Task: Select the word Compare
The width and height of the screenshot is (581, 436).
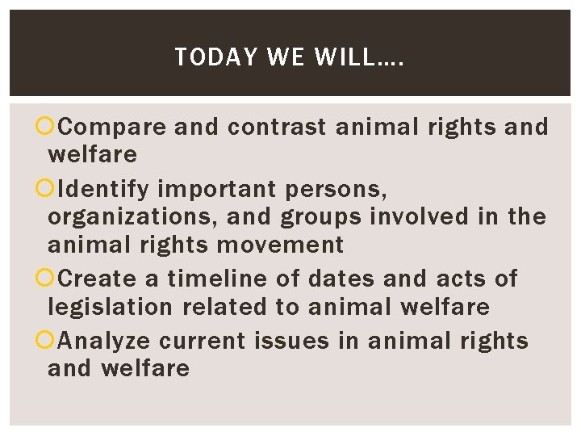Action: click(x=113, y=127)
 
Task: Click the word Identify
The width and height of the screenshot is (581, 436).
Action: click(x=104, y=189)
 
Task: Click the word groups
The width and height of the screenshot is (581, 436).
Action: click(x=320, y=216)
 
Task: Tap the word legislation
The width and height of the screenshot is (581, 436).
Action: click(x=110, y=307)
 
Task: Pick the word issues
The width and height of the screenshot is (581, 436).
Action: click(x=292, y=341)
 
